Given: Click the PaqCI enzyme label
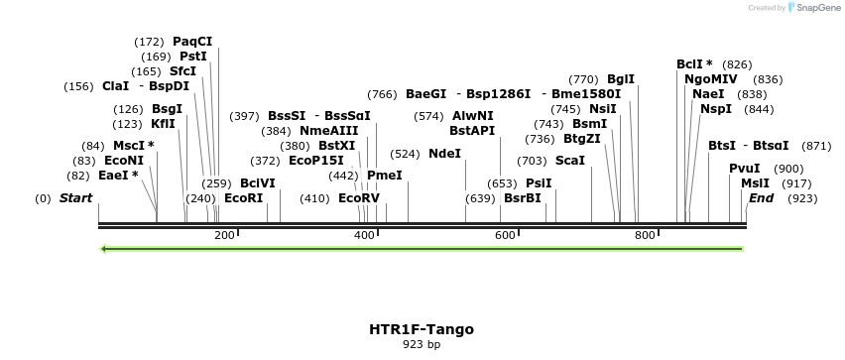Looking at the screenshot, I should coord(192,42).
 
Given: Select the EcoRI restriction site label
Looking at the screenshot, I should coord(244,198).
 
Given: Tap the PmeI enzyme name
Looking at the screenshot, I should coord(385,175).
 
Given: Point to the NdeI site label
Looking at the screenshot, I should coord(445,154).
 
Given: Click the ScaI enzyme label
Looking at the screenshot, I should coord(570,160).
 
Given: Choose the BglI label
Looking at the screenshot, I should coord(621,78).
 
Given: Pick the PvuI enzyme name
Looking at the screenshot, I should coord(745,169).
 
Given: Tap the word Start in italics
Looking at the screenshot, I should coord(75,198).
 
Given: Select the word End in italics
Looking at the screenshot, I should coord(761,198).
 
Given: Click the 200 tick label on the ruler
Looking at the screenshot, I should coord(224,235).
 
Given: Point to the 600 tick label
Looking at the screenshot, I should coord(505,235).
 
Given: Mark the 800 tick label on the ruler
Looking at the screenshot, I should coord(645,235).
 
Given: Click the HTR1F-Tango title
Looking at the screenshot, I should coord(422,328).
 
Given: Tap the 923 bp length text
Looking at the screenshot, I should coord(422,345).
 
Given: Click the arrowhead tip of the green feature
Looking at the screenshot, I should coord(102,248).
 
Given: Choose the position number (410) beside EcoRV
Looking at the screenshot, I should coord(315,198).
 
